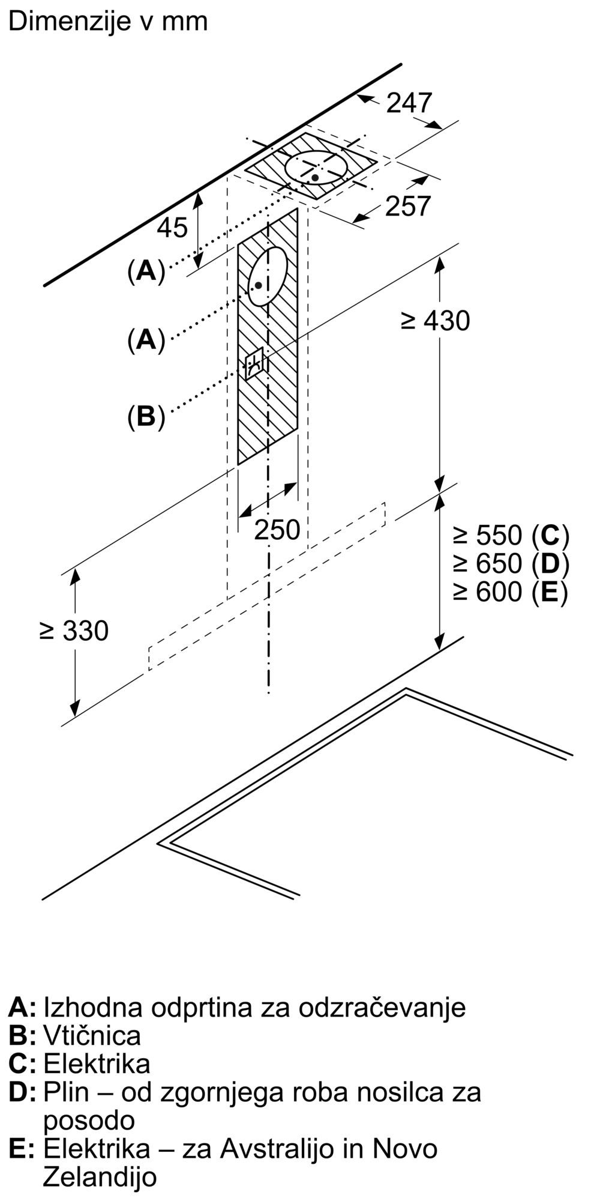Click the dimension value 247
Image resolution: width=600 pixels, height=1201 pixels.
tap(409, 103)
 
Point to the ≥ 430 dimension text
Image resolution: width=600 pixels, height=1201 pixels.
tap(435, 321)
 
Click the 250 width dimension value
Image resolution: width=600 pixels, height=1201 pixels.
tap(277, 530)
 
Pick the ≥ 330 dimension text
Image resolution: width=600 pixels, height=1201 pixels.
tap(74, 631)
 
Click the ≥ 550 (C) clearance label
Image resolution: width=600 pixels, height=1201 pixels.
tap(511, 534)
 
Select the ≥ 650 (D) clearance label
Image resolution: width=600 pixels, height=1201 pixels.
tap(511, 563)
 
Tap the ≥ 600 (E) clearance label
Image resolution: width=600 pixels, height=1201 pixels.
tap(510, 592)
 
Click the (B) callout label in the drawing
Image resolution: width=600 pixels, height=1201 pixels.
tap(146, 416)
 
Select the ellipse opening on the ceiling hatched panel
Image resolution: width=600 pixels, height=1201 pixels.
tap(316, 168)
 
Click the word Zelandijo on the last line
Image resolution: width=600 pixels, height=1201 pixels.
tap(100, 1178)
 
